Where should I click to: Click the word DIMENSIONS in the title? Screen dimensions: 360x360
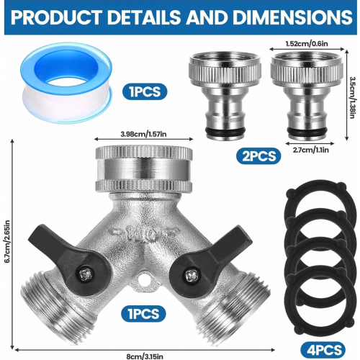(292, 17)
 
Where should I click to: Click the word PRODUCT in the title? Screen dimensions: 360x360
(56, 17)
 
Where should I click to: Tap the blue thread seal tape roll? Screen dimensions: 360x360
(66, 83)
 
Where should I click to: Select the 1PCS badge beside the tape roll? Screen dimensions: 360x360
(145, 91)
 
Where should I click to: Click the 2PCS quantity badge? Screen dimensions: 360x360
(258, 156)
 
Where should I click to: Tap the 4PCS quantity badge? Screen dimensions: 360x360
(323, 350)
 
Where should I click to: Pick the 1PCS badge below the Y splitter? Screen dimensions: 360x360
(143, 314)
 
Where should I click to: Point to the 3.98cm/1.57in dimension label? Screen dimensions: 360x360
(143, 134)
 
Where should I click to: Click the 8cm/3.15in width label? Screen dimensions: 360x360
(145, 356)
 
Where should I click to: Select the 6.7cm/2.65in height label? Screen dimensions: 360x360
(8, 241)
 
